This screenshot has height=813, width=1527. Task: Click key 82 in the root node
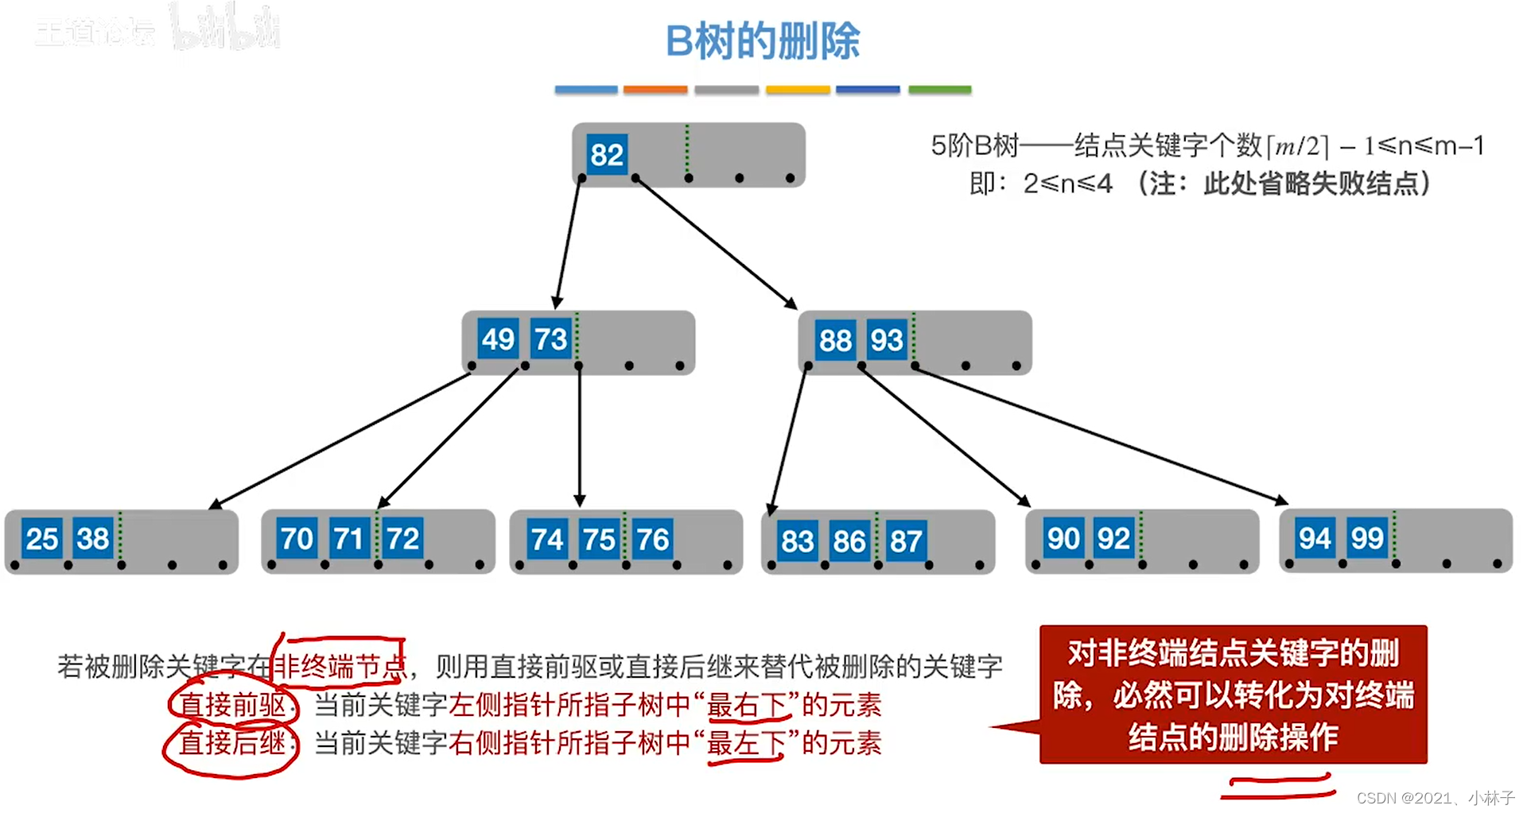point(606,154)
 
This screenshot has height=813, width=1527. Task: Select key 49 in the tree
point(498,339)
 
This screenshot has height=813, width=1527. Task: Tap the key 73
point(550,339)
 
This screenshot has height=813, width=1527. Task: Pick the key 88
point(835,340)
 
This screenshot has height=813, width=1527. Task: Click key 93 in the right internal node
point(886,340)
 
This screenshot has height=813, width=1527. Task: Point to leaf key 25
point(41,539)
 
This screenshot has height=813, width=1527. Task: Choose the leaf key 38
point(92,539)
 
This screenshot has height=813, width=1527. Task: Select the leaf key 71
point(348,539)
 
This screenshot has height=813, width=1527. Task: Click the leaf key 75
point(599,540)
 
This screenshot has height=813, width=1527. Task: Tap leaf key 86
point(849,541)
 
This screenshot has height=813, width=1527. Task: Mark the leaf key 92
point(1113,539)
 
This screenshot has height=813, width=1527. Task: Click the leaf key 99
point(1366,538)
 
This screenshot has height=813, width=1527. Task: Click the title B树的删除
point(763,41)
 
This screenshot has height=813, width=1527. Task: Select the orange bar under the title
point(655,90)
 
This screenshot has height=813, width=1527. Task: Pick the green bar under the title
point(939,90)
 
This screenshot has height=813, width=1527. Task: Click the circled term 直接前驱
point(232,705)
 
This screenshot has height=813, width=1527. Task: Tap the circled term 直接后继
point(232,743)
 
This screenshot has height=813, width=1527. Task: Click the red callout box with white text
point(1233,695)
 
